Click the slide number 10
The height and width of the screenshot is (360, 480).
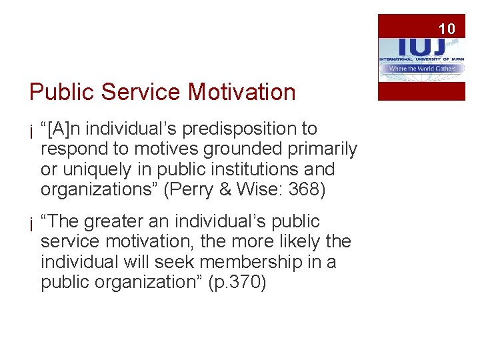pyautogui.click(x=447, y=29)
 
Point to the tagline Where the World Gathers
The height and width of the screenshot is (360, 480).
pyautogui.click(x=421, y=68)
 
